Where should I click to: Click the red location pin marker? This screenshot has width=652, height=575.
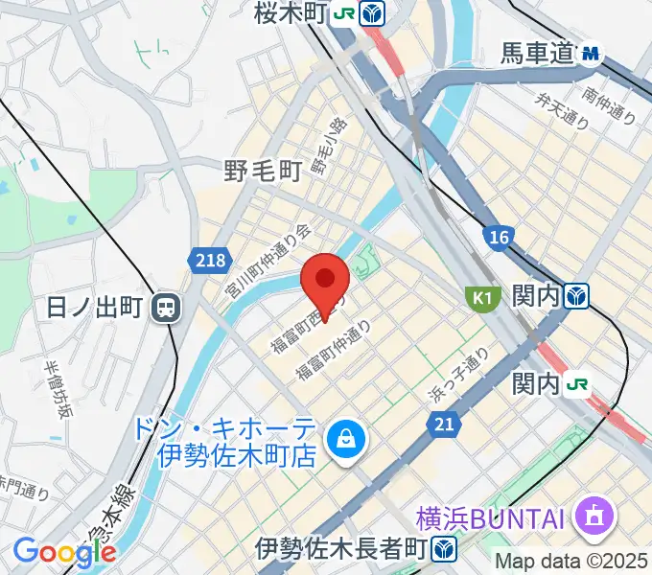(x=324, y=282)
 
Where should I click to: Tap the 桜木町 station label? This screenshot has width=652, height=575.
(x=291, y=12)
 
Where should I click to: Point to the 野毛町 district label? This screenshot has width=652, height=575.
(x=263, y=171)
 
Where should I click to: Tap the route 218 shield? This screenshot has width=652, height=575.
(x=208, y=260)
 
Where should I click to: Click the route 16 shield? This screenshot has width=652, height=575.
(x=499, y=238)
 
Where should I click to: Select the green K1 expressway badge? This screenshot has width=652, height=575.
(x=480, y=299)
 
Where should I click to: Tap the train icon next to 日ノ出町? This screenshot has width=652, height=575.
(x=168, y=308)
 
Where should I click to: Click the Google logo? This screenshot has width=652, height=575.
(x=64, y=553)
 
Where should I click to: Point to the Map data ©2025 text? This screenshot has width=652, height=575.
(x=572, y=561)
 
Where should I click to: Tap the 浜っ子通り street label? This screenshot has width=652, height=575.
(x=460, y=375)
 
